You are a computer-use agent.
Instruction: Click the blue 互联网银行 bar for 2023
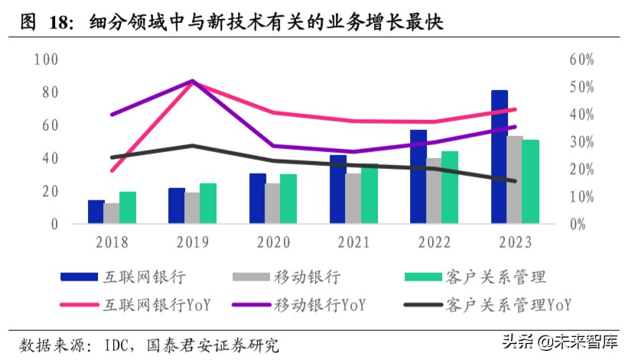499,157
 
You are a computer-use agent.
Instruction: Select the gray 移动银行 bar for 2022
434,191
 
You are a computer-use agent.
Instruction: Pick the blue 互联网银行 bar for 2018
96,212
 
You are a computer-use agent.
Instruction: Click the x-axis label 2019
192,242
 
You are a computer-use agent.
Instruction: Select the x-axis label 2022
434,242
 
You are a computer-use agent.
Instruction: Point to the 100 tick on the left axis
46,60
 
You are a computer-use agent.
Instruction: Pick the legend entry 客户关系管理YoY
506,305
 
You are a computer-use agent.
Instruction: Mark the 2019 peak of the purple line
192,80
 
